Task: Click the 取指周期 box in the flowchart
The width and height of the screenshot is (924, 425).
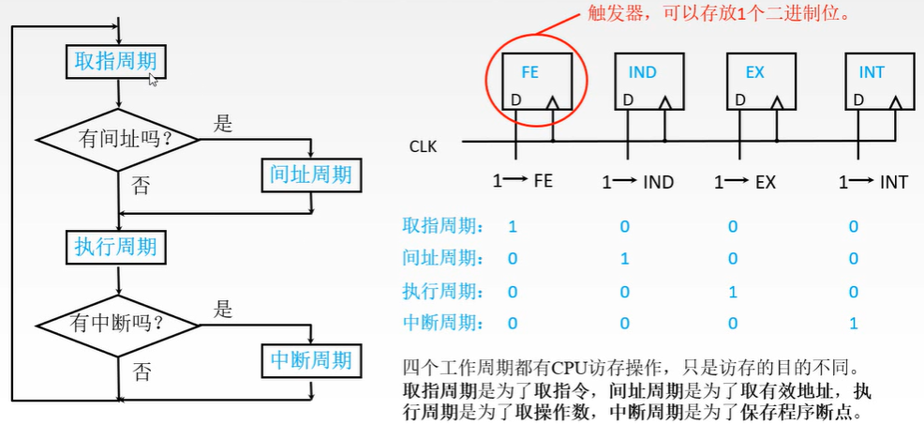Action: click(116, 62)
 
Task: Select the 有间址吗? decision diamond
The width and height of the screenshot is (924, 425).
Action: click(118, 140)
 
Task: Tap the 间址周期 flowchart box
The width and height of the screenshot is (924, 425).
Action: click(310, 174)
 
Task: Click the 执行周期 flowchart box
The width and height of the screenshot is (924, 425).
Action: click(116, 248)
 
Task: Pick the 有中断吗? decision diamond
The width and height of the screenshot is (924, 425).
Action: click(118, 325)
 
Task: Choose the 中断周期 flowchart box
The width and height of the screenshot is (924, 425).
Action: click(310, 359)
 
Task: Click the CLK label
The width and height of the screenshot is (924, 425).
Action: click(423, 146)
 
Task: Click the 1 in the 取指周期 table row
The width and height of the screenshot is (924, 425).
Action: click(513, 227)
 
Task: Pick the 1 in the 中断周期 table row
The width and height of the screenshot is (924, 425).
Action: click(852, 323)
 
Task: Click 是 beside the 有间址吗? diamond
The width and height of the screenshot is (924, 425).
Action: click(223, 123)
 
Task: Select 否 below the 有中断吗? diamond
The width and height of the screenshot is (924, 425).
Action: click(142, 372)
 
